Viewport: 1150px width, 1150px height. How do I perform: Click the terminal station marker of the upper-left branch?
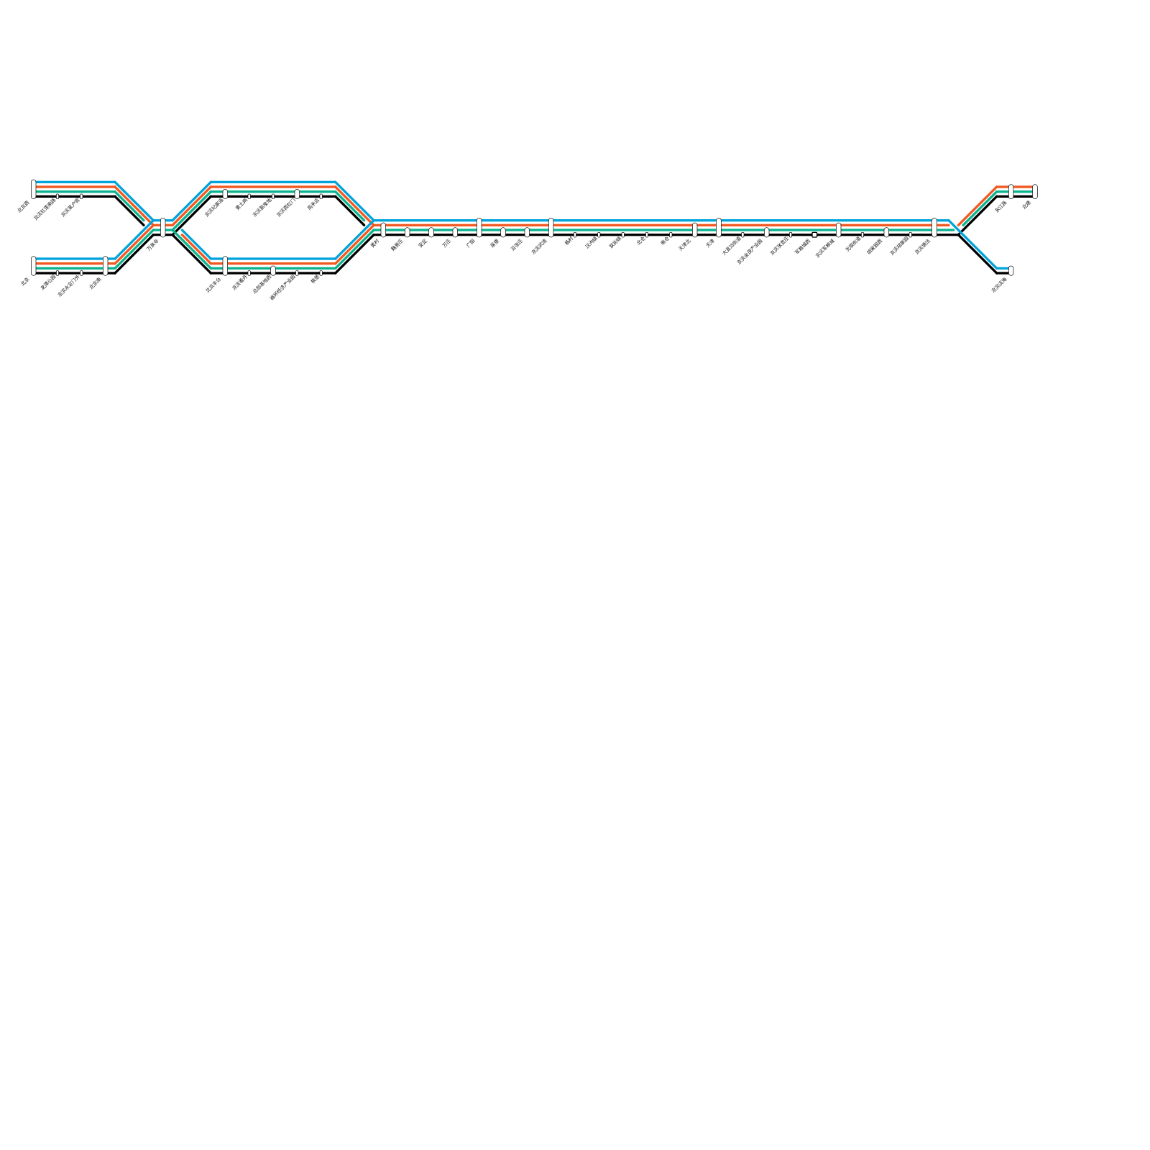pyautogui.click(x=34, y=189)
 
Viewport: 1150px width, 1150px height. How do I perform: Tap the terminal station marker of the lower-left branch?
pyautogui.click(x=34, y=265)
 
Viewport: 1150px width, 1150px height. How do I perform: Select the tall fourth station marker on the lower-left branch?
pyautogui.click(x=106, y=265)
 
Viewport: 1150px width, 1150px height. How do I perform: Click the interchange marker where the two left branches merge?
pyautogui.click(x=163, y=227)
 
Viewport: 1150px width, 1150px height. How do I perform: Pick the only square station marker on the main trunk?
pyautogui.click(x=814, y=234)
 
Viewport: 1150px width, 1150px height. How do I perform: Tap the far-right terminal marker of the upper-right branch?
pyautogui.click(x=1035, y=191)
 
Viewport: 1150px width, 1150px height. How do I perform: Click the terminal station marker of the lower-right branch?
pyautogui.click(x=1011, y=270)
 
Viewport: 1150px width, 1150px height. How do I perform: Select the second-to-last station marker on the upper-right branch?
pyautogui.click(x=1011, y=191)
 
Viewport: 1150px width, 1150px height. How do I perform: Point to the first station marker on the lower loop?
pyautogui.click(x=225, y=265)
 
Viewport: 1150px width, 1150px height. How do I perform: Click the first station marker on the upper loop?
pyautogui.click(x=225, y=194)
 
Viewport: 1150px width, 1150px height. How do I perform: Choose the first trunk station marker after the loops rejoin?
pyautogui.click(x=383, y=229)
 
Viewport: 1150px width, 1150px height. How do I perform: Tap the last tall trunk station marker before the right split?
pyautogui.click(x=934, y=227)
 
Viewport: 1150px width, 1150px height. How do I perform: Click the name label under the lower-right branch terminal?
pyautogui.click(x=999, y=285)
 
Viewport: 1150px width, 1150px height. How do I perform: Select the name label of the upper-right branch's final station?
pyautogui.click(x=1026, y=205)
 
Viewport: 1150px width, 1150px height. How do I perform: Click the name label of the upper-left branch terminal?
pyautogui.click(x=23, y=206)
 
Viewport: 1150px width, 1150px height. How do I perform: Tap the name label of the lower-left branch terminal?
pyautogui.click(x=24, y=282)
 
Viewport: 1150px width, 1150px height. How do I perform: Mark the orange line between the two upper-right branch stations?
pyautogui.click(x=1023, y=187)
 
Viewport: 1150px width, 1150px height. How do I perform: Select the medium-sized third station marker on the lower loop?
pyautogui.click(x=273, y=270)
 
